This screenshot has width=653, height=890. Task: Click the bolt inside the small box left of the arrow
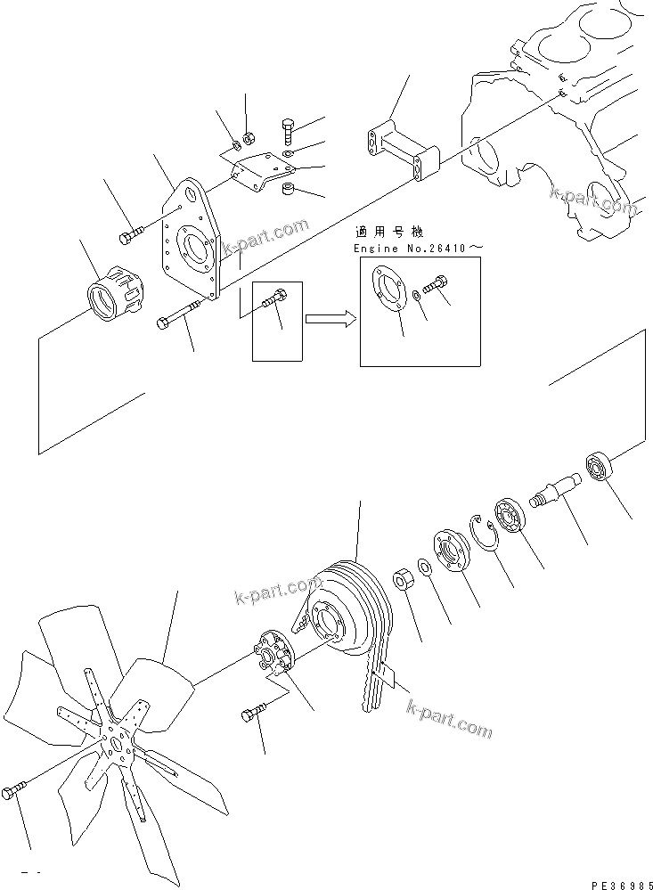274,303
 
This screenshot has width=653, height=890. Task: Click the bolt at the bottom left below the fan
14,791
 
